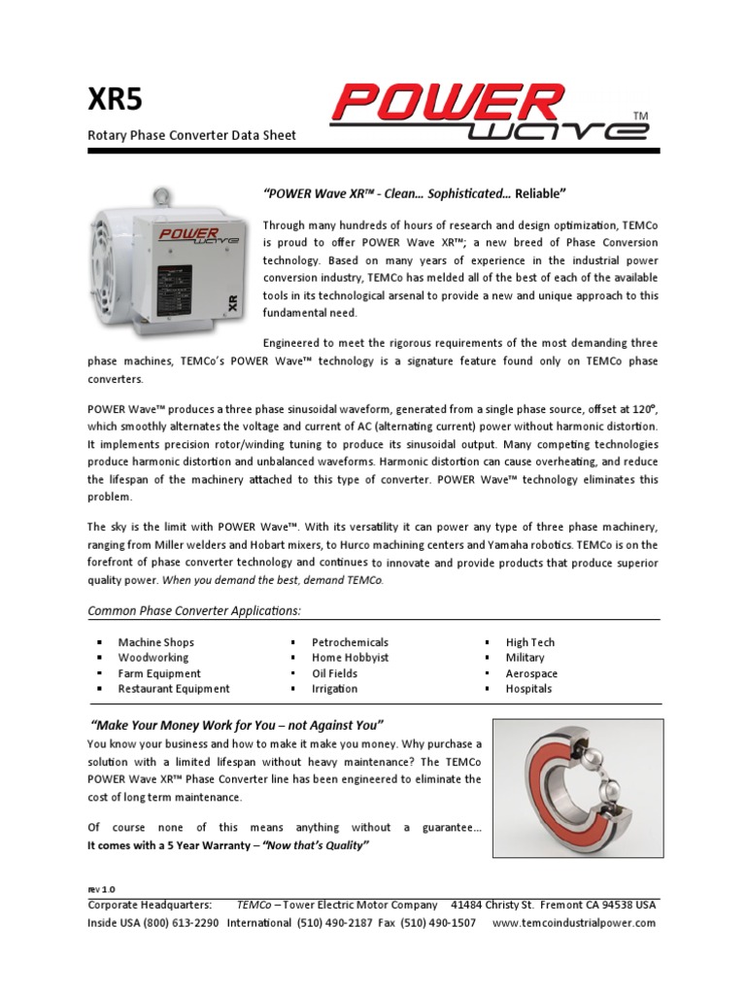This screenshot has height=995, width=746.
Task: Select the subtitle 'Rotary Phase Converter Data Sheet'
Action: (x=191, y=135)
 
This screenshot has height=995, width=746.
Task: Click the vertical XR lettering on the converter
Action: (x=231, y=302)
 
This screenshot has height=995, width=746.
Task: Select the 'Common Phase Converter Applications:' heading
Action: (x=194, y=610)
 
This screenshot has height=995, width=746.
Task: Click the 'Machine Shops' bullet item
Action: (x=155, y=642)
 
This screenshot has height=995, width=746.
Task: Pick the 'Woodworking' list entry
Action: (x=153, y=658)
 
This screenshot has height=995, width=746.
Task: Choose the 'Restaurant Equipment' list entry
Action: (x=174, y=689)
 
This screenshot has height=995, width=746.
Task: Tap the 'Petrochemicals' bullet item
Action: (x=350, y=642)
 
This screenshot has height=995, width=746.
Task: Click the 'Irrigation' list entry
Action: (x=334, y=689)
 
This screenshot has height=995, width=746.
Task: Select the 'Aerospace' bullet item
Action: (x=531, y=673)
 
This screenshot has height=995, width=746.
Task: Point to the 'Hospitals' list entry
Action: (x=528, y=689)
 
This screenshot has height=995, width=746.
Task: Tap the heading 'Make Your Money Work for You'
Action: (x=238, y=725)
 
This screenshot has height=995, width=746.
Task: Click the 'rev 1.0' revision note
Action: (x=101, y=889)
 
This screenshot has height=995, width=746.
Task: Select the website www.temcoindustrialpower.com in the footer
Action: (x=574, y=923)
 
